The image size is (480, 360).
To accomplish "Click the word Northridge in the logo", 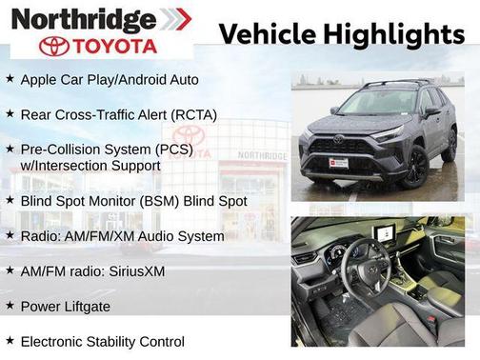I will (x=83, y=19).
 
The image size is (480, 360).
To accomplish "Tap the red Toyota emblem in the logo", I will (x=54, y=46).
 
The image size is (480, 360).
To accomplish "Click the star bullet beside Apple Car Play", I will (x=10, y=79).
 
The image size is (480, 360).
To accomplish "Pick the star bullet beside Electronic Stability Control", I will (x=10, y=340).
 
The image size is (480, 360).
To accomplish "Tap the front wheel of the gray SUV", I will (x=415, y=166).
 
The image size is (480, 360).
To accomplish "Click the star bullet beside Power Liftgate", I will (x=10, y=306).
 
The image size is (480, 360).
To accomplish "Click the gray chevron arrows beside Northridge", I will (x=173, y=19).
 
